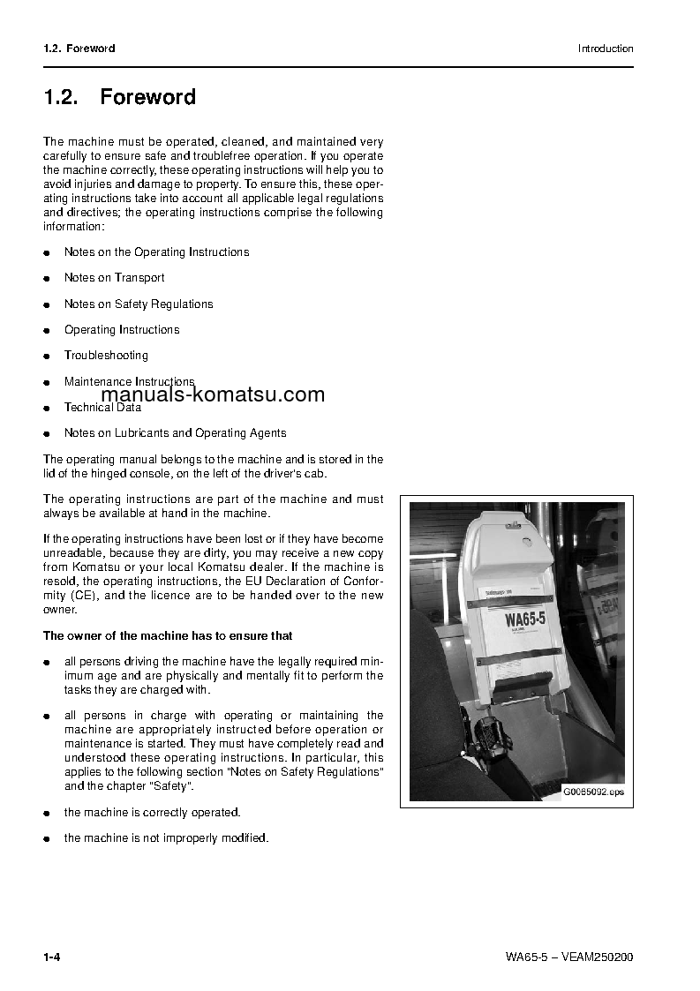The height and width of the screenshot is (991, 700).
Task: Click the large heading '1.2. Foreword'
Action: (120, 97)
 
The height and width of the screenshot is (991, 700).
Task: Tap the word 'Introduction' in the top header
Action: (606, 49)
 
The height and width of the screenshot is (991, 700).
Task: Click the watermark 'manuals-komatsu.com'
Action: (213, 394)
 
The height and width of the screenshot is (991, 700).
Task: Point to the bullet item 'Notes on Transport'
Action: (114, 278)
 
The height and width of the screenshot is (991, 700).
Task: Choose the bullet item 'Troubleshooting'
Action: (106, 356)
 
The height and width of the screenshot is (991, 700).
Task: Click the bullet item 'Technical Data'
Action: (102, 408)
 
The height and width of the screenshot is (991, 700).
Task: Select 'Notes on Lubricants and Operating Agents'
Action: (175, 433)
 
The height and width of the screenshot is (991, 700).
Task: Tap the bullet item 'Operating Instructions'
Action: (122, 330)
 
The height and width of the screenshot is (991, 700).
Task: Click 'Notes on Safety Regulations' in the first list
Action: (139, 304)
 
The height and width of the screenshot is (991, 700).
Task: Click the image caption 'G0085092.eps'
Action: (593, 792)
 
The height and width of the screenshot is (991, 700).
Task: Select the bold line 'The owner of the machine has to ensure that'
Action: (168, 635)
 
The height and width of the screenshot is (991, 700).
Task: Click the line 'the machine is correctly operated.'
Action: (152, 812)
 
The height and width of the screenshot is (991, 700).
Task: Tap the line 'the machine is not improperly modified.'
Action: (166, 837)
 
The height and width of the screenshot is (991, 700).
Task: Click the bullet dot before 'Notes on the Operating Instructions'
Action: (47, 253)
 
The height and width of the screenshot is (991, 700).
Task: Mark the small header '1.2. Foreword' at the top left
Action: (79, 49)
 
